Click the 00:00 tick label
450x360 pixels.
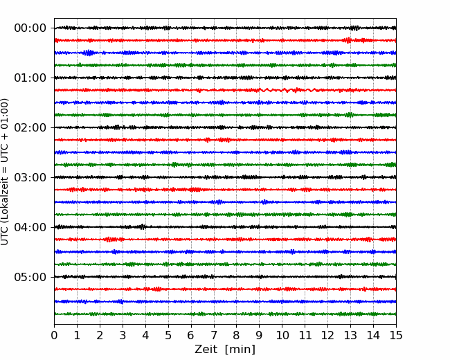point(30,28)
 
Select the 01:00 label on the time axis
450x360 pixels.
point(30,78)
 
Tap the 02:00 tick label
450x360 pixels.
point(30,127)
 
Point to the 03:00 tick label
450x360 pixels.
point(30,177)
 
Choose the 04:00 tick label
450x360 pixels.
point(30,227)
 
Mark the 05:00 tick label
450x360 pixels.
point(30,277)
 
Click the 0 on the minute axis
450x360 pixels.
point(54,335)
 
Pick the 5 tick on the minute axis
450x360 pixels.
point(168,335)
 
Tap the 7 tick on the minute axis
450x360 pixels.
point(214,335)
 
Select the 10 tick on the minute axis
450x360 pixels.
point(282,335)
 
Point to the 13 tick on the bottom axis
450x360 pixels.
point(350,335)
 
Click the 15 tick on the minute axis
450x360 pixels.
point(396,335)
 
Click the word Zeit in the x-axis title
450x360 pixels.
point(206,350)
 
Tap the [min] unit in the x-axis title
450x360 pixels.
point(240,350)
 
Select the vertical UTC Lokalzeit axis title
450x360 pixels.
point(5,172)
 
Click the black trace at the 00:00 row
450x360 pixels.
point(225,28)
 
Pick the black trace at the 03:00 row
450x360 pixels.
point(225,177)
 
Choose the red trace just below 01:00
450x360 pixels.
point(225,90)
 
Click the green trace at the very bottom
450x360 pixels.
point(225,314)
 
